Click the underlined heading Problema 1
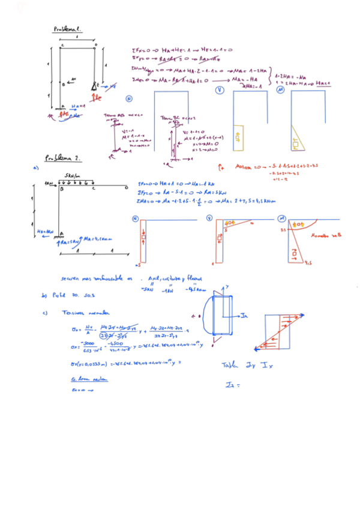pos(68,28)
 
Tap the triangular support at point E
pos(95,86)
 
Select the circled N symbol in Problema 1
pos(128,98)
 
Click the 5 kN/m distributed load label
pos(74,176)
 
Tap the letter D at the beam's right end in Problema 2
pos(126,188)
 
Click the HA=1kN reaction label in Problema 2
pos(46,231)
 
